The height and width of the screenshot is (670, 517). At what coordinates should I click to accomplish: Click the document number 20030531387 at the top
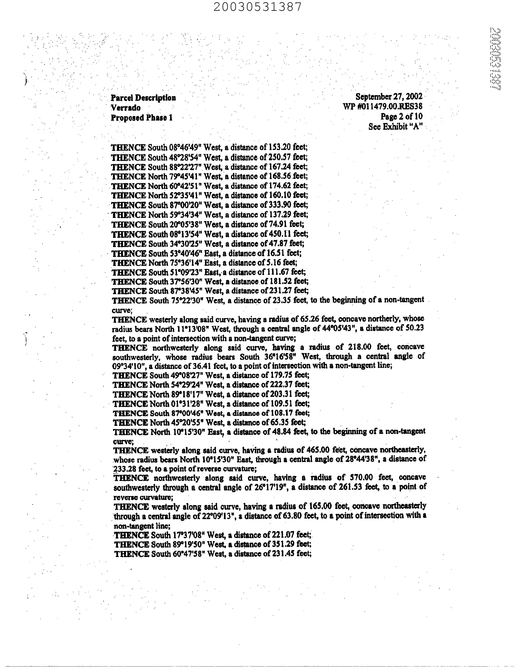[x=257, y=7]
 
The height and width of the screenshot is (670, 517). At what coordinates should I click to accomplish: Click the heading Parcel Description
[x=143, y=98]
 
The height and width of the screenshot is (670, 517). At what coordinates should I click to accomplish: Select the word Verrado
[x=126, y=108]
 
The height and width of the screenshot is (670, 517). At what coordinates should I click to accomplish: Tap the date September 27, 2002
[x=389, y=97]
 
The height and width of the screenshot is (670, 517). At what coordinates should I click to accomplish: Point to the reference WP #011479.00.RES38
[x=383, y=107]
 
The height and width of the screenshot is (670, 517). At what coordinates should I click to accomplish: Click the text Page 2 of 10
[x=401, y=116]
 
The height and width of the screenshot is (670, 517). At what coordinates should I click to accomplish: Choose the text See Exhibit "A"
[x=395, y=126]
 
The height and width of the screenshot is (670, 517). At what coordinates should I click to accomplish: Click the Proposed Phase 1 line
[x=142, y=118]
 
